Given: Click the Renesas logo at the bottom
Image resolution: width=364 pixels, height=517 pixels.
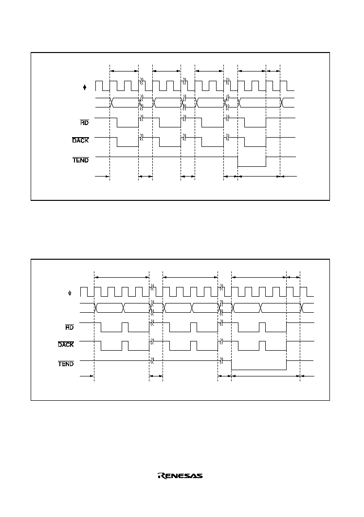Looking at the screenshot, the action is coord(180,476).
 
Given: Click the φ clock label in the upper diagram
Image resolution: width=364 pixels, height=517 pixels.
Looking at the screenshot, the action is coord(85,88).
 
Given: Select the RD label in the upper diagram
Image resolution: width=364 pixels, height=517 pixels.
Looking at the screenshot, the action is coord(85,123).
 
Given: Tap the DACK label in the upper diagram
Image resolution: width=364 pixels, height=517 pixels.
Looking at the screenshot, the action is coord(80,140).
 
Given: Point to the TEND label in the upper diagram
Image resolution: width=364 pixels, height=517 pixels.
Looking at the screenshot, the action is coord(81,160).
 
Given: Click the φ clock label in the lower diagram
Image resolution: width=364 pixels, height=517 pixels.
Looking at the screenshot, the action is coord(70,293).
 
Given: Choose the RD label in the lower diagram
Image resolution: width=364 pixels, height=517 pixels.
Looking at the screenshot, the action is coord(69,327).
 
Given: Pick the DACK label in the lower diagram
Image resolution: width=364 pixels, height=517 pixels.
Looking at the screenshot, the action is coord(66,344).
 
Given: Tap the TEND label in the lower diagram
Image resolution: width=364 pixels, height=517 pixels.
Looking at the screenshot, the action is coord(66,364).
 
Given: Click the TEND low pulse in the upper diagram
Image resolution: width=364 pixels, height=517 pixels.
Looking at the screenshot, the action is coord(252,166).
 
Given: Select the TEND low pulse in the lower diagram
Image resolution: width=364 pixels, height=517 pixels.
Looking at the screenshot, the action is coord(259,370).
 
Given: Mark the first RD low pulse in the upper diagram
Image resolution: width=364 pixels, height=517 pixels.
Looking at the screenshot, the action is coord(127,127).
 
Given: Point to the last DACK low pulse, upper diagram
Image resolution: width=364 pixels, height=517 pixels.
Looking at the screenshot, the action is coord(255,147).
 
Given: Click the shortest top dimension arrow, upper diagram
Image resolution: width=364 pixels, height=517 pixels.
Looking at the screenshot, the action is coord(273,71).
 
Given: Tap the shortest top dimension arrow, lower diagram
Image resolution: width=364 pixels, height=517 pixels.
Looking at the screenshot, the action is coord(293,277).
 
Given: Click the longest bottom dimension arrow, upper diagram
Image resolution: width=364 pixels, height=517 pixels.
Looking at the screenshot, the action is coord(259,177).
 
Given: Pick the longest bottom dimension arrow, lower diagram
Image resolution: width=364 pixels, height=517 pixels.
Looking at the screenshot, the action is coord(266,376).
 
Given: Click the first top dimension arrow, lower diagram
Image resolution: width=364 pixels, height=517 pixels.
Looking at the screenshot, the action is coord(122,277).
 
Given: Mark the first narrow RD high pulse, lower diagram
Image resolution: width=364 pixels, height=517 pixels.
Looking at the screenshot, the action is coord(125,327).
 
